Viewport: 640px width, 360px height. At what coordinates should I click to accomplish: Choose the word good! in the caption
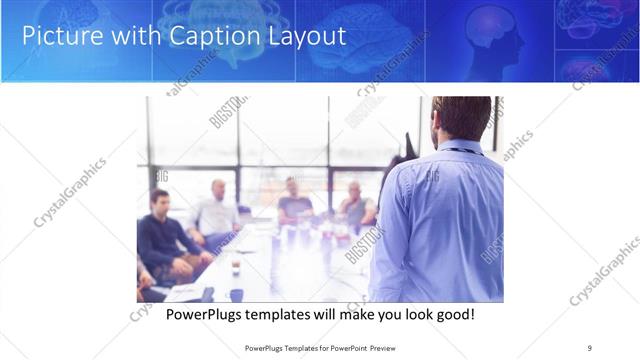coord(454,315)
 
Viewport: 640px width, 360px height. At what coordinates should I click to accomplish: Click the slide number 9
coord(590,348)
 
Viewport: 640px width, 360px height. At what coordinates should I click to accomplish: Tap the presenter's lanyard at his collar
coord(462,150)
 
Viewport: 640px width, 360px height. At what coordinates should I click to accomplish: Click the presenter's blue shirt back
coord(440,220)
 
